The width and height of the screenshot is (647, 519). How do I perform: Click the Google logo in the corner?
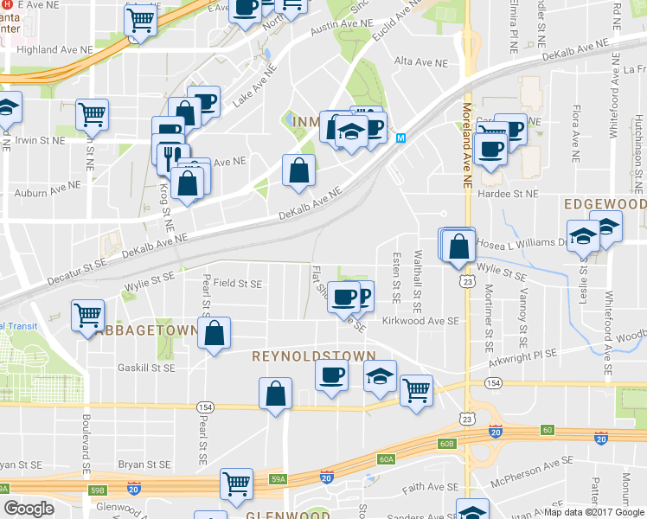click(x=29, y=509)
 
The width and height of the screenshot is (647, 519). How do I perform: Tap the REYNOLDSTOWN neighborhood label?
click(x=313, y=356)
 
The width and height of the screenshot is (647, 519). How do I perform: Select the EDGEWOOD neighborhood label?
click(x=605, y=204)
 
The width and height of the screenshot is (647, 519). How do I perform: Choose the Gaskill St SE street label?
click(x=146, y=368)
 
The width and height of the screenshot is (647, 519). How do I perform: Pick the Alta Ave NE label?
click(x=421, y=63)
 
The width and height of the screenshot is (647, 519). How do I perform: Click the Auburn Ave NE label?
click(x=42, y=185)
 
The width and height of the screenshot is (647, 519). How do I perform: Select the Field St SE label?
click(x=237, y=283)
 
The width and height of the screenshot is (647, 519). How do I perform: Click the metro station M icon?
click(x=401, y=138)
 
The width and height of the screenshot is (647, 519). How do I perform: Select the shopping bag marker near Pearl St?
click(x=214, y=332)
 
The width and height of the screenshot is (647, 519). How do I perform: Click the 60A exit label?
click(x=386, y=459)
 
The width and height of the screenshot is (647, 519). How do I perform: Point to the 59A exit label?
click(x=278, y=478)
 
